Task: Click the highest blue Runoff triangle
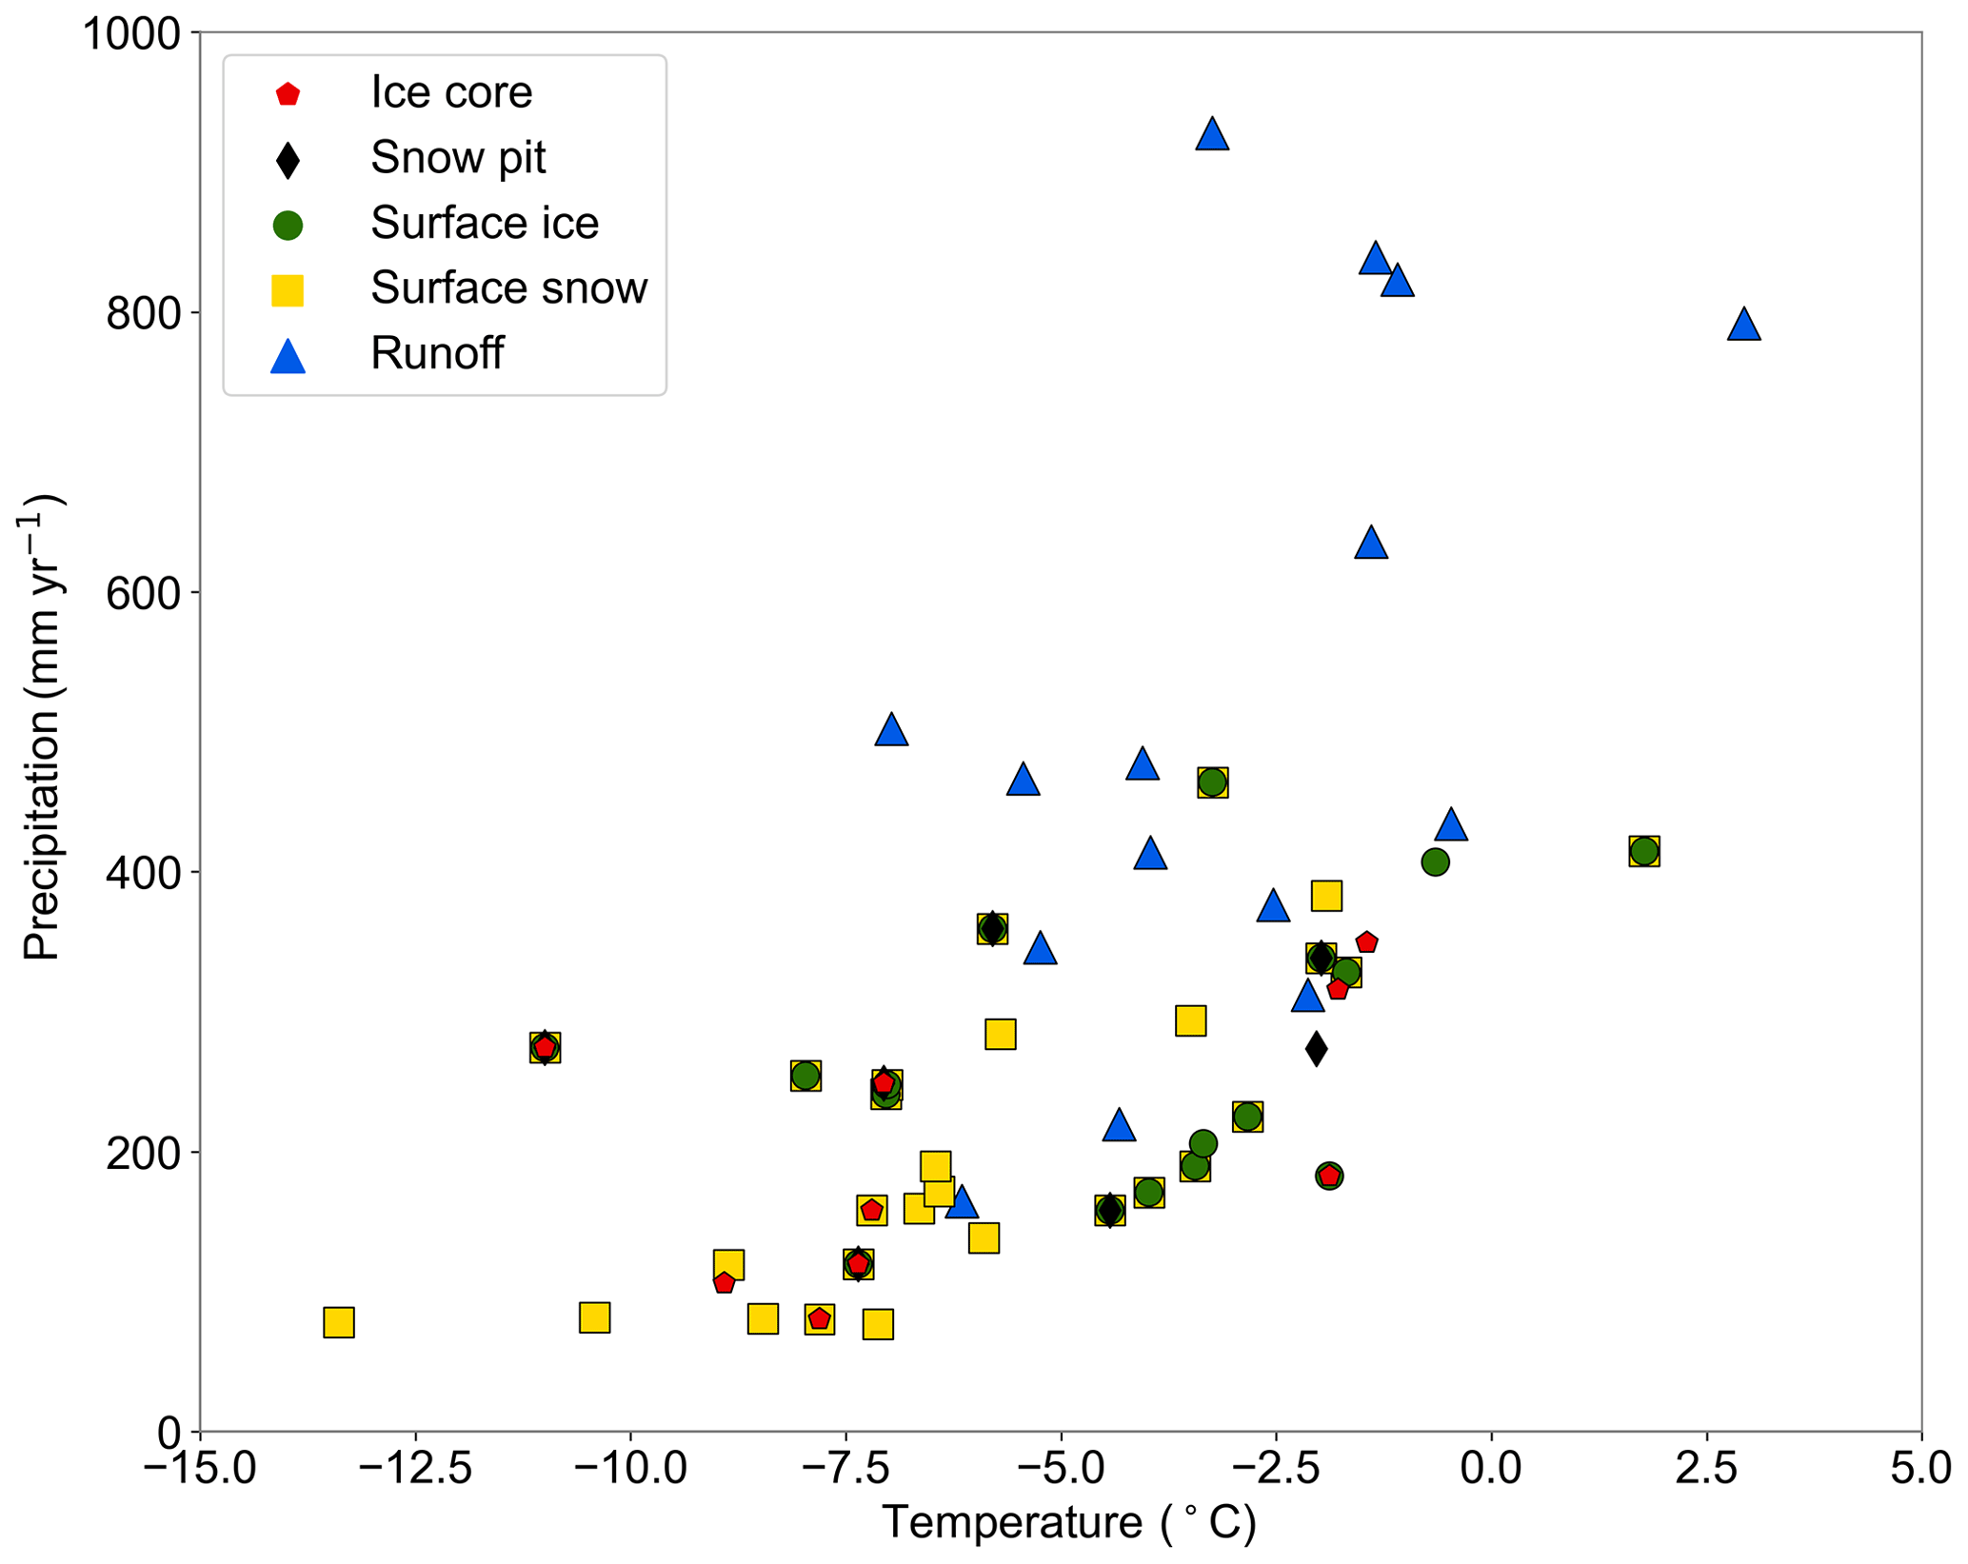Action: tap(1211, 135)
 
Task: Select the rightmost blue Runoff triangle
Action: tap(1743, 326)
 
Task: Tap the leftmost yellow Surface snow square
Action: tap(339, 1322)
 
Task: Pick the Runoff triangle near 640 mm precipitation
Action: tap(1370, 544)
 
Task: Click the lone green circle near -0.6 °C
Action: tap(1435, 862)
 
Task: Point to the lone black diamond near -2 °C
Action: tap(1316, 1049)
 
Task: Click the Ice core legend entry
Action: tap(451, 92)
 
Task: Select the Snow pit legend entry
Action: tap(458, 158)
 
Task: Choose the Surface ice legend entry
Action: tap(484, 224)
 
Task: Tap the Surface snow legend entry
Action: tap(508, 288)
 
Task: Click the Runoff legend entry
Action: tap(436, 354)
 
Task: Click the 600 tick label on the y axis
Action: tap(143, 593)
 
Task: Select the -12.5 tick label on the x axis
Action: tap(415, 1469)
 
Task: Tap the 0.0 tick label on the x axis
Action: tap(1490, 1469)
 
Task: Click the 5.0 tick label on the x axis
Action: tap(1919, 1469)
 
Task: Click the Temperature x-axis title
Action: tap(1069, 1523)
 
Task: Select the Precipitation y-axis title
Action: tap(42, 728)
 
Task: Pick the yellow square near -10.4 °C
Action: tap(594, 1317)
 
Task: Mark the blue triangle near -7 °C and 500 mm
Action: tap(891, 730)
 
